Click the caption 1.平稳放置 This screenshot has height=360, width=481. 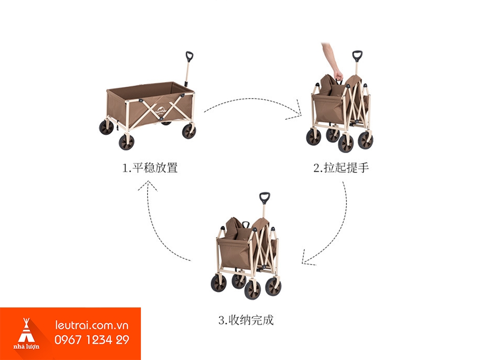[x=150, y=168]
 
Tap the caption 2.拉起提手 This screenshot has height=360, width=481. [x=341, y=168]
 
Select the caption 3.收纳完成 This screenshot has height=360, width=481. [x=246, y=321]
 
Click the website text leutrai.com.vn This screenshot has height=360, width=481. [x=92, y=325]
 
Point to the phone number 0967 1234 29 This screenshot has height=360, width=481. [x=92, y=340]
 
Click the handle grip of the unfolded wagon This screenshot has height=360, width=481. [x=189, y=56]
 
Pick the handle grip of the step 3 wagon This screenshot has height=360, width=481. [x=264, y=197]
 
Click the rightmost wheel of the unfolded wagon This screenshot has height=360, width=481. [x=189, y=131]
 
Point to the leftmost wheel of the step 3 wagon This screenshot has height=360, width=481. [x=218, y=283]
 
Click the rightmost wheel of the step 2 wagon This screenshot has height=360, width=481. [x=365, y=140]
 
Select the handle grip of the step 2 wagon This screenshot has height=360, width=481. [x=357, y=56]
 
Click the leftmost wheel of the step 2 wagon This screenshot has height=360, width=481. [x=313, y=137]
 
